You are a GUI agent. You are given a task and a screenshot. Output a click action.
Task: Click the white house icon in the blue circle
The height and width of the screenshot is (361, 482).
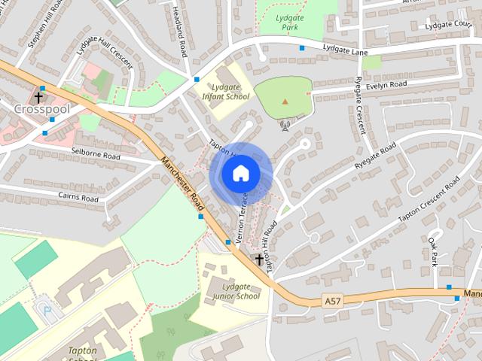[x=240, y=174]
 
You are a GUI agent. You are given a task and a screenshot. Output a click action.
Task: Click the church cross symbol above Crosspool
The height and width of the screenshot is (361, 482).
[x=38, y=96]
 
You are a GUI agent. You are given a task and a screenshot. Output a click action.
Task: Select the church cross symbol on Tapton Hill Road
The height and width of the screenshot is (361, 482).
[x=260, y=260]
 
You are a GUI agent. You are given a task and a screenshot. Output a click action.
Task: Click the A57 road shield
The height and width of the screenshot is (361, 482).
[x=332, y=301]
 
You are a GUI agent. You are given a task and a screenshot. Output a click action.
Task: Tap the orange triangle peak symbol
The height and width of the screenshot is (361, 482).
[x=285, y=101]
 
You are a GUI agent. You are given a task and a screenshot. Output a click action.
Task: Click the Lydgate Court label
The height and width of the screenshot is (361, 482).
[x=448, y=25]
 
